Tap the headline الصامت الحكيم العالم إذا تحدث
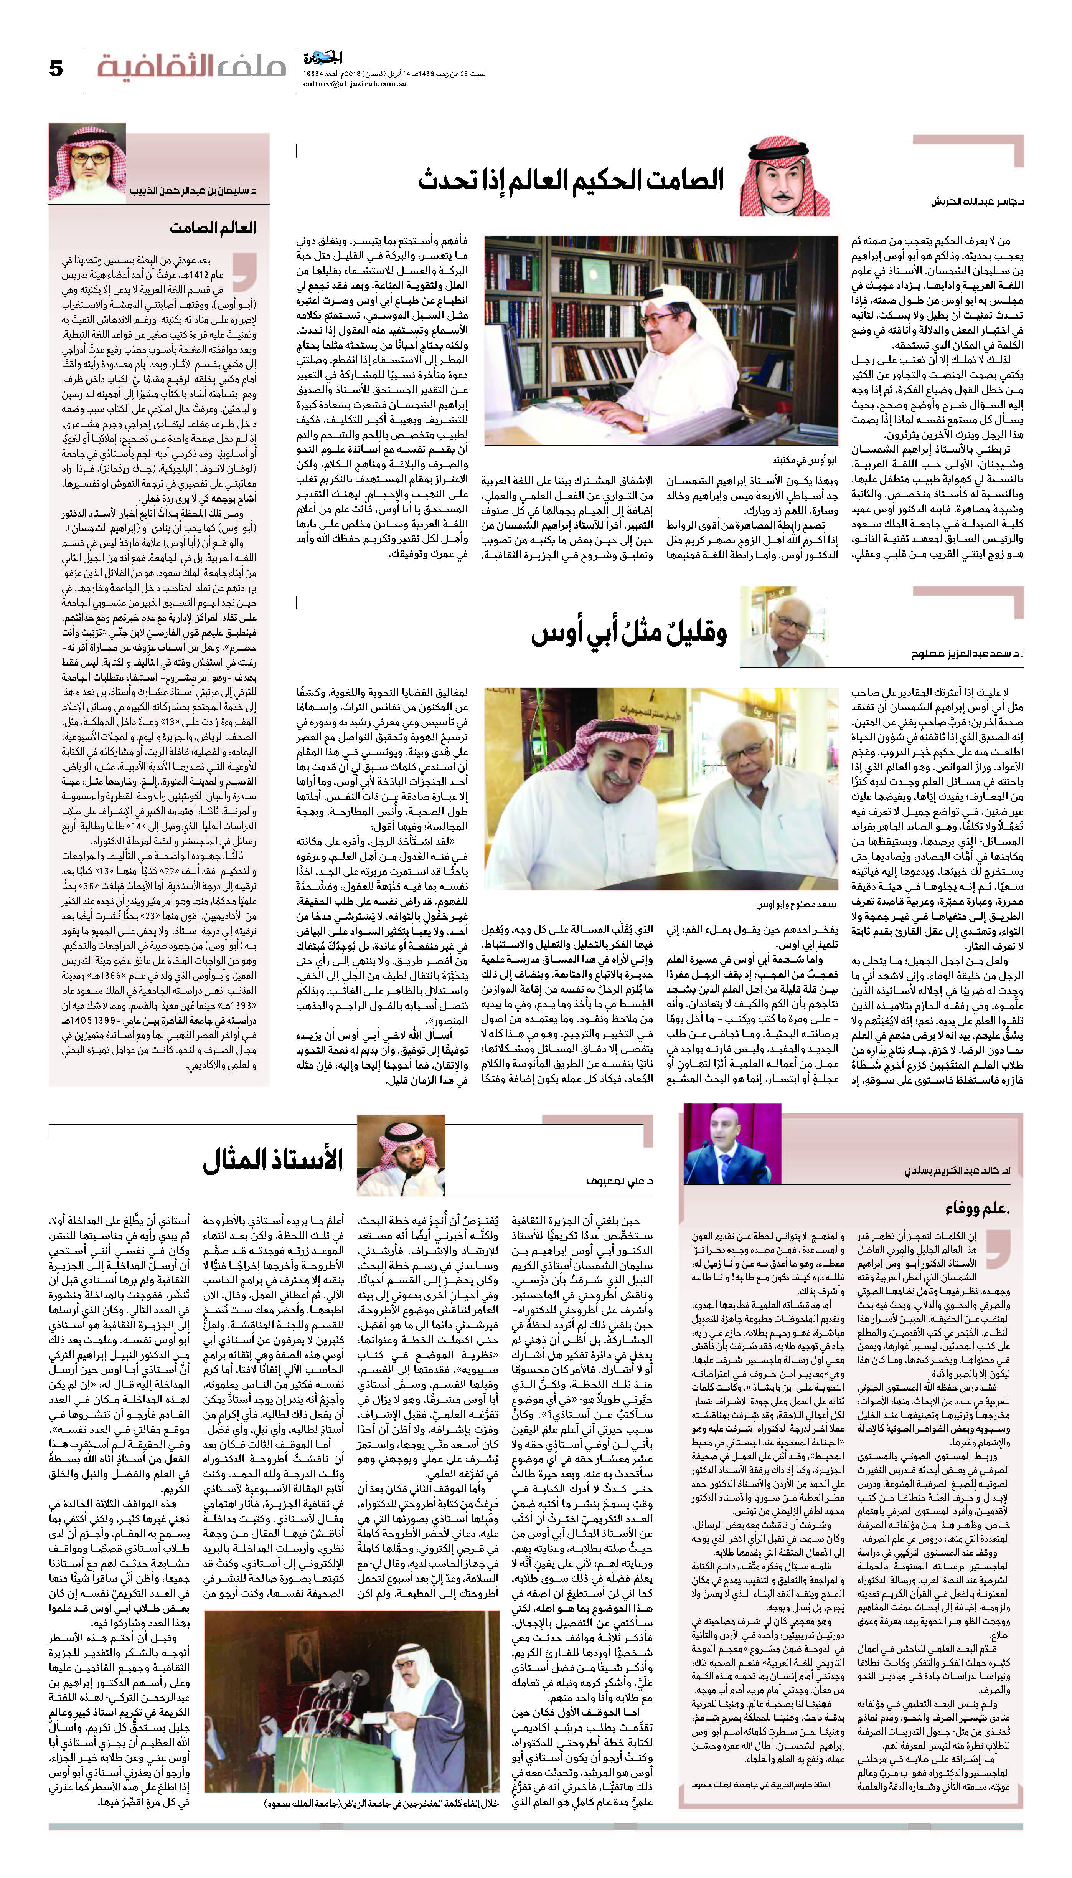tap(571, 180)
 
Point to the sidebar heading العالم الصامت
tap(213, 228)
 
